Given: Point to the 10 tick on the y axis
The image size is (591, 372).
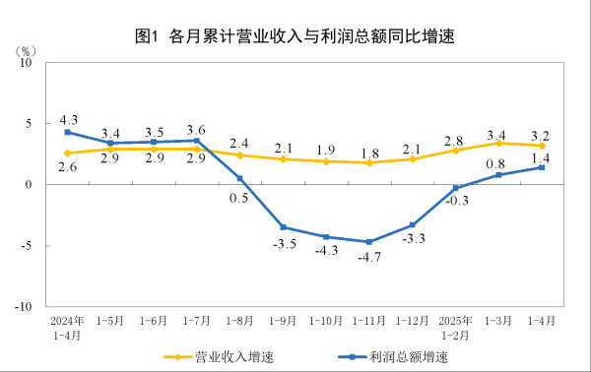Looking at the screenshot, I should tap(27, 62).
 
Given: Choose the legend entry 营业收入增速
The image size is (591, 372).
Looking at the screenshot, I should tap(221, 356).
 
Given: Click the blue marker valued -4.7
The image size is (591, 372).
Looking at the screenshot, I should tap(368, 241).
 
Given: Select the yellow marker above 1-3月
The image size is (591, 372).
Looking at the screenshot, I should tap(498, 143).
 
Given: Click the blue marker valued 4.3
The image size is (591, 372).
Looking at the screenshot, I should tap(67, 132).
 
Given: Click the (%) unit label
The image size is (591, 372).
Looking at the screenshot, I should tap(26, 49).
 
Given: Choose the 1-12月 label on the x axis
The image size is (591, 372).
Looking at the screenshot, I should tap(412, 321).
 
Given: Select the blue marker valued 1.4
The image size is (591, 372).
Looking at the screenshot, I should tap(542, 167).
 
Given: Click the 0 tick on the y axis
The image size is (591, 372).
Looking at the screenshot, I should tap(30, 184).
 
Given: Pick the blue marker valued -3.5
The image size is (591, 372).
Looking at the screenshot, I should tap(283, 227).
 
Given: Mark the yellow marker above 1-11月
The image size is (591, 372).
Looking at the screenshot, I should tap(368, 162).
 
